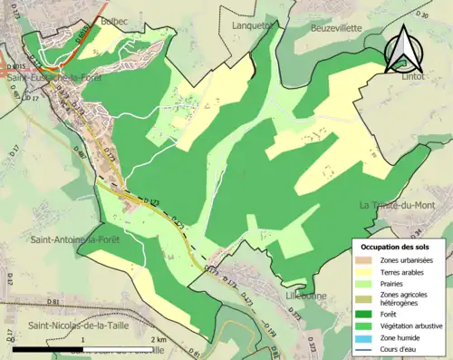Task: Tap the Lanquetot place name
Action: point(251,26)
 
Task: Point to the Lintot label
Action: point(413,78)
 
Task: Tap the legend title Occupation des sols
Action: point(396,247)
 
